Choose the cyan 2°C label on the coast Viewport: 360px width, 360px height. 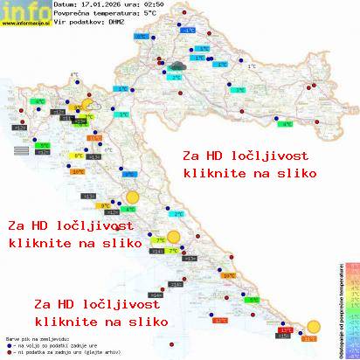(x=177, y=214)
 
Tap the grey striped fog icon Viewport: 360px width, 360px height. (x=21, y=152)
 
